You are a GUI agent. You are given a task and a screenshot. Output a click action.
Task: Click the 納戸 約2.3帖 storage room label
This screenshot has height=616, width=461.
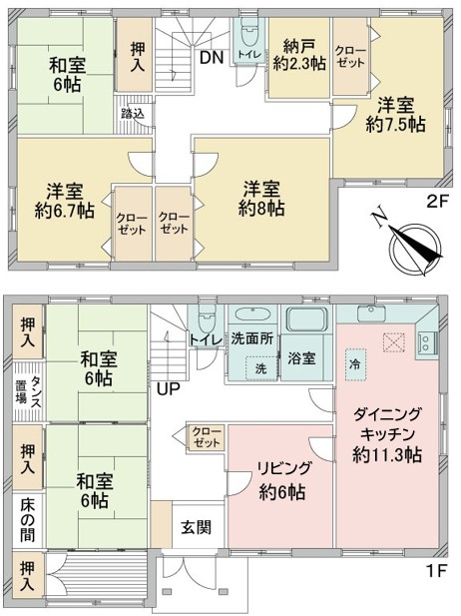[299, 55]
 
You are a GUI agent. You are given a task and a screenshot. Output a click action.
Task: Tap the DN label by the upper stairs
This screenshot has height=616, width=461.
[212, 58]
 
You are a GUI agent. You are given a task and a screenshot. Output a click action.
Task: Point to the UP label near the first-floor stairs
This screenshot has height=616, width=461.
[169, 389]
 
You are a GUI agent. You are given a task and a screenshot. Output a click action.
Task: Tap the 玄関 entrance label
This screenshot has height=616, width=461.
[196, 527]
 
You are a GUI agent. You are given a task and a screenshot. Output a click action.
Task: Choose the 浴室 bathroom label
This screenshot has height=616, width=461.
[301, 358]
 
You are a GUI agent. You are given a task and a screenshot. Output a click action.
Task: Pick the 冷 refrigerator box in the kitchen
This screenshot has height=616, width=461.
[356, 364]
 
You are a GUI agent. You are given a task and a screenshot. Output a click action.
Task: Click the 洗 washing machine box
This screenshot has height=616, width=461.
[261, 368]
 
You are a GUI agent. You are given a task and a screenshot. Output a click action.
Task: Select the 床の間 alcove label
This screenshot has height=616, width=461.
[28, 519]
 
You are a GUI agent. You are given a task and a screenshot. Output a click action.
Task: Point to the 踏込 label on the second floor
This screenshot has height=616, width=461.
[133, 114]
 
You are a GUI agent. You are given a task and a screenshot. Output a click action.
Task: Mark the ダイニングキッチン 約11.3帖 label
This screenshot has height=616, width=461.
[387, 434]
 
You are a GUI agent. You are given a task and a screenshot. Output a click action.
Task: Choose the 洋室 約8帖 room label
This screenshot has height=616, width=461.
[261, 199]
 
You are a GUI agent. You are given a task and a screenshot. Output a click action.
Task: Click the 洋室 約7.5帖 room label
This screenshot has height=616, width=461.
[395, 115]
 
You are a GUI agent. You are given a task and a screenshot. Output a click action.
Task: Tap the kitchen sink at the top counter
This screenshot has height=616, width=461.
[371, 313]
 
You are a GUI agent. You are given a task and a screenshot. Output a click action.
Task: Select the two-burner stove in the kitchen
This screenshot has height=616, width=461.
[425, 341]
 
